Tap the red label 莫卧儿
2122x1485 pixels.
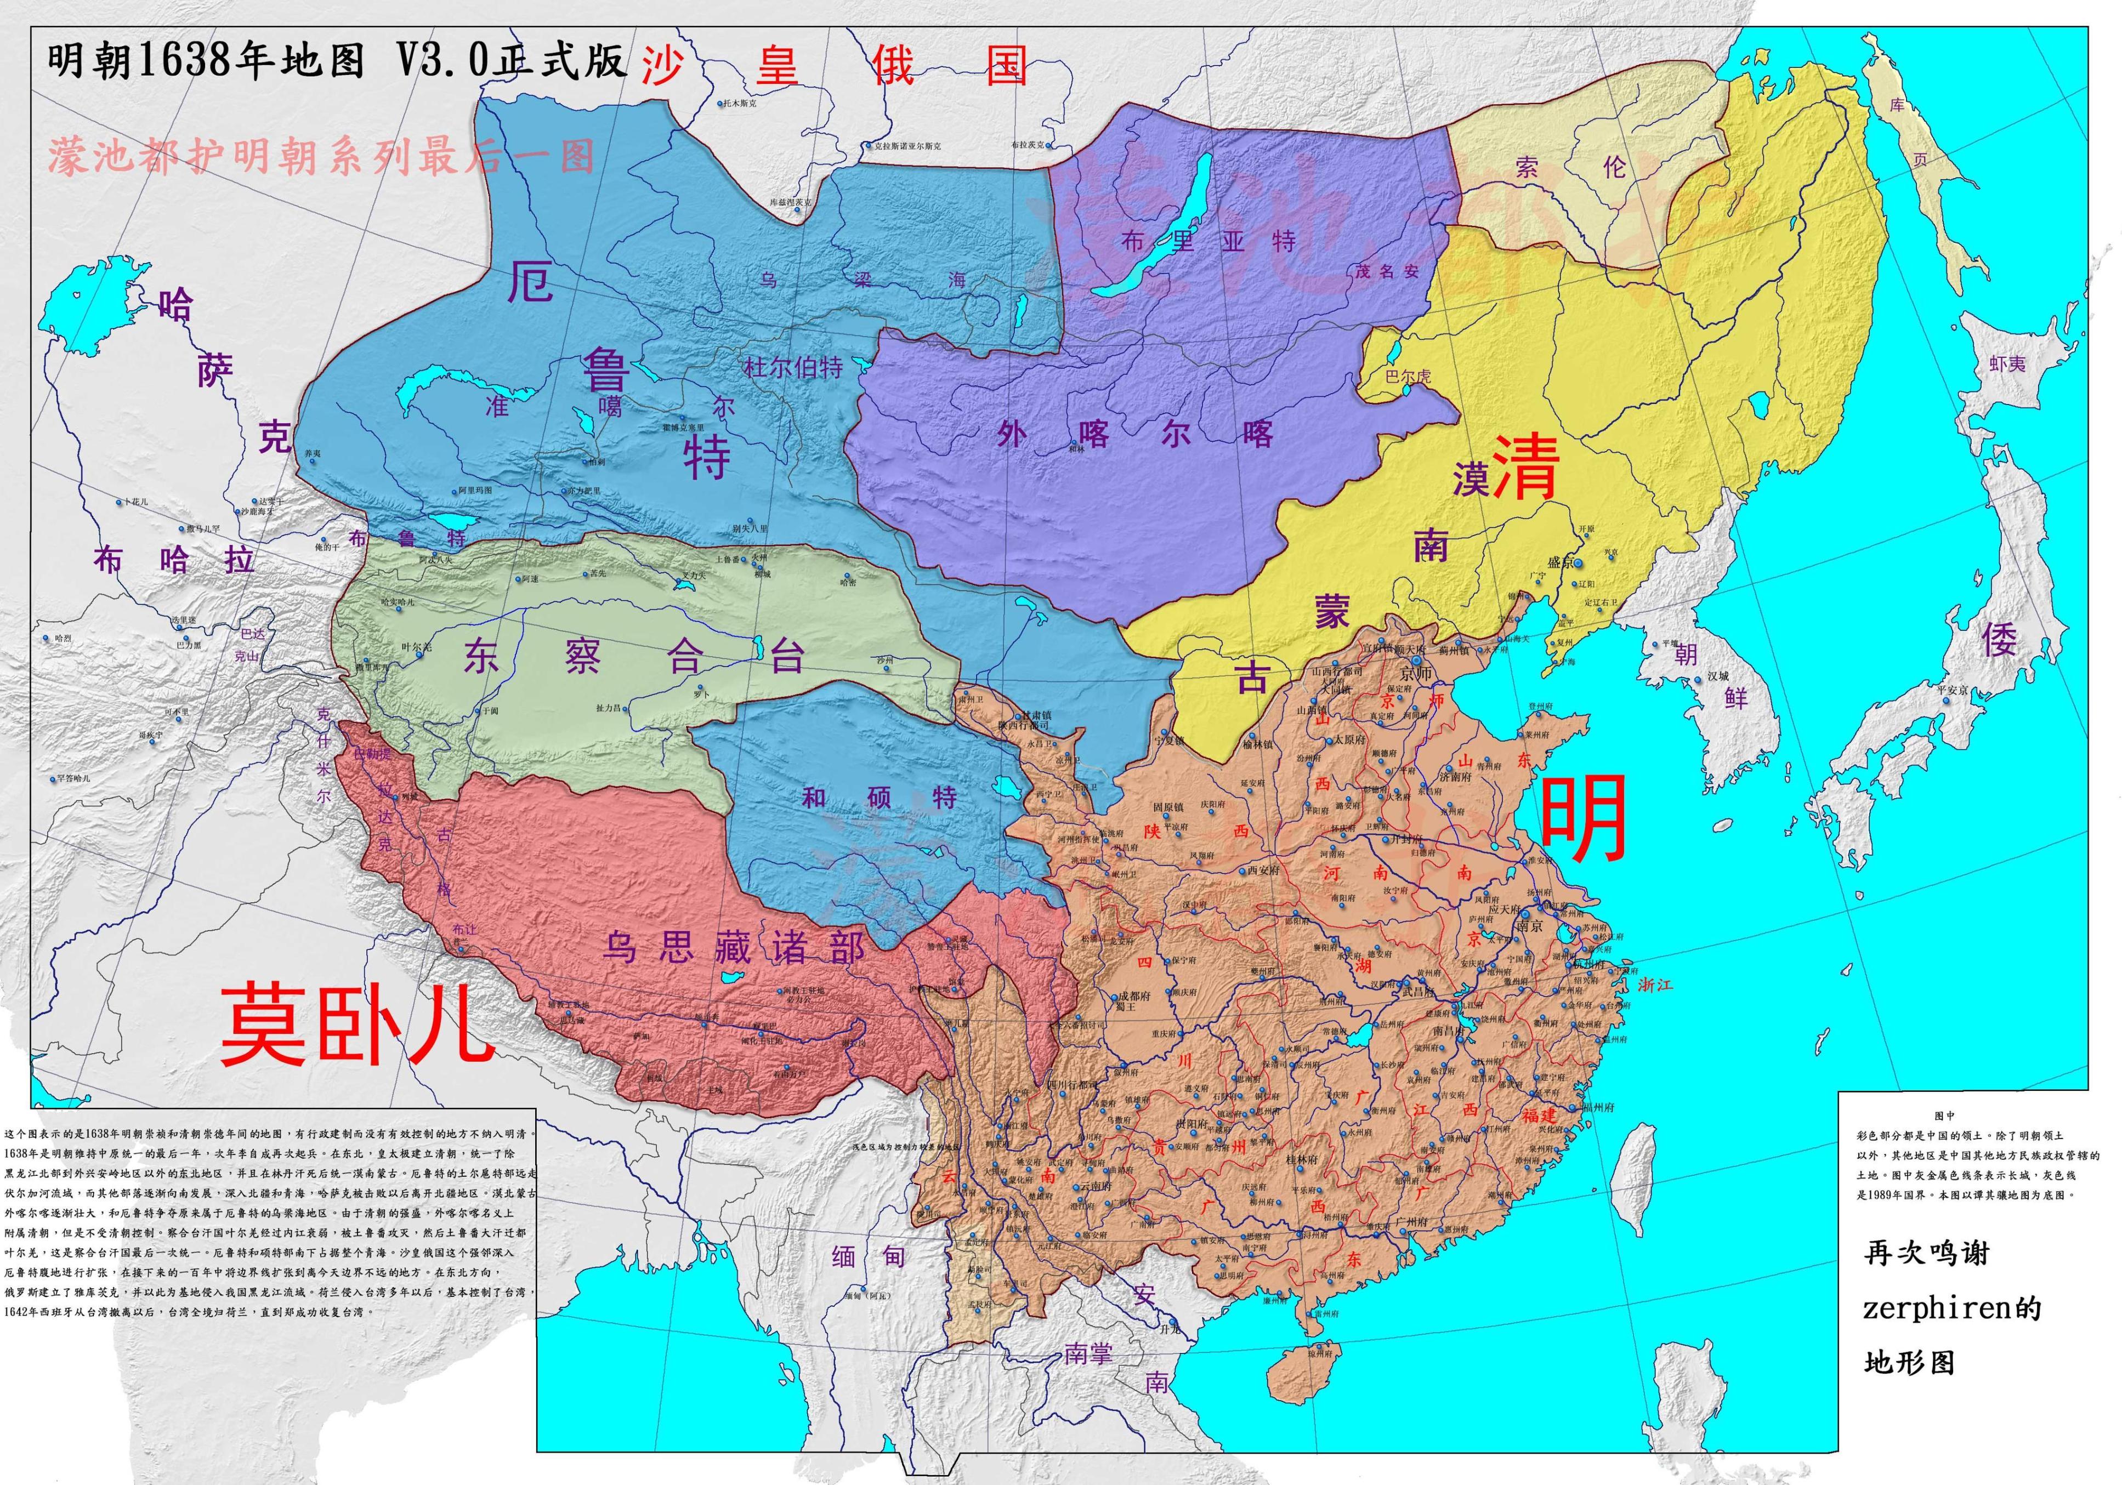356,1023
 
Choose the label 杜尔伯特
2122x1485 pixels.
793,368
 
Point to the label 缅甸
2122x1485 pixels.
868,1257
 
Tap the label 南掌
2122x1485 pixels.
1088,1355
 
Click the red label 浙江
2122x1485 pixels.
1654,985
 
